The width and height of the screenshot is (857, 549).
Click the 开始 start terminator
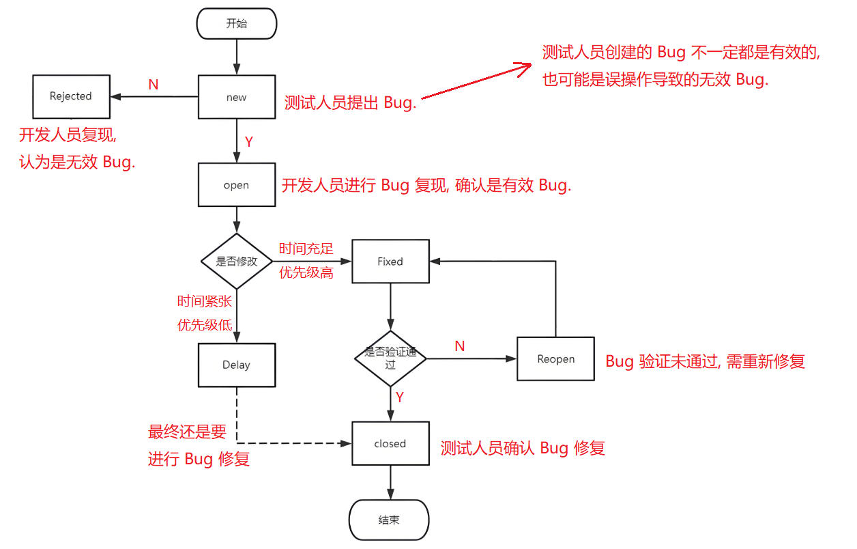click(236, 24)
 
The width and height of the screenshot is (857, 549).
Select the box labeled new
click(236, 97)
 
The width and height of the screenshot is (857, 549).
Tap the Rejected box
click(71, 96)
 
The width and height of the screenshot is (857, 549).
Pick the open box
click(236, 185)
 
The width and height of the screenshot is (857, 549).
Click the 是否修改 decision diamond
click(236, 262)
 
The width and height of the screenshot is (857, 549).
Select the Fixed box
click(390, 262)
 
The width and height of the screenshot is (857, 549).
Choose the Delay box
click(236, 365)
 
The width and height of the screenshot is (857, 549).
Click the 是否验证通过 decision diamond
click(390, 358)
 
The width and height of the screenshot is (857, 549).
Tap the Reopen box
click(555, 359)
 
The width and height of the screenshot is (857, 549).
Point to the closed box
click(390, 444)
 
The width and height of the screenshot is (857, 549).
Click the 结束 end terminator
click(389, 520)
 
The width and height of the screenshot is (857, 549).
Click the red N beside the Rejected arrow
click(154, 85)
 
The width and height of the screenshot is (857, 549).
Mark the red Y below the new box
click(249, 142)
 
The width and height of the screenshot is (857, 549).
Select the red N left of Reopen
click(460, 347)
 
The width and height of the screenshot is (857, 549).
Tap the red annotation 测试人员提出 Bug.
click(350, 104)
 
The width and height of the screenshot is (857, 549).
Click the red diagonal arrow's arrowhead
click(525, 67)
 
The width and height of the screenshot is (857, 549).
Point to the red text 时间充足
click(306, 249)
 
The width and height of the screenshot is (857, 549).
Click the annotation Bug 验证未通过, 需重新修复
click(706, 362)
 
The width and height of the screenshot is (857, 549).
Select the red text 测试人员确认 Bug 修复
click(523, 448)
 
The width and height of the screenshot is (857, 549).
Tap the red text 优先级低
click(205, 325)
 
